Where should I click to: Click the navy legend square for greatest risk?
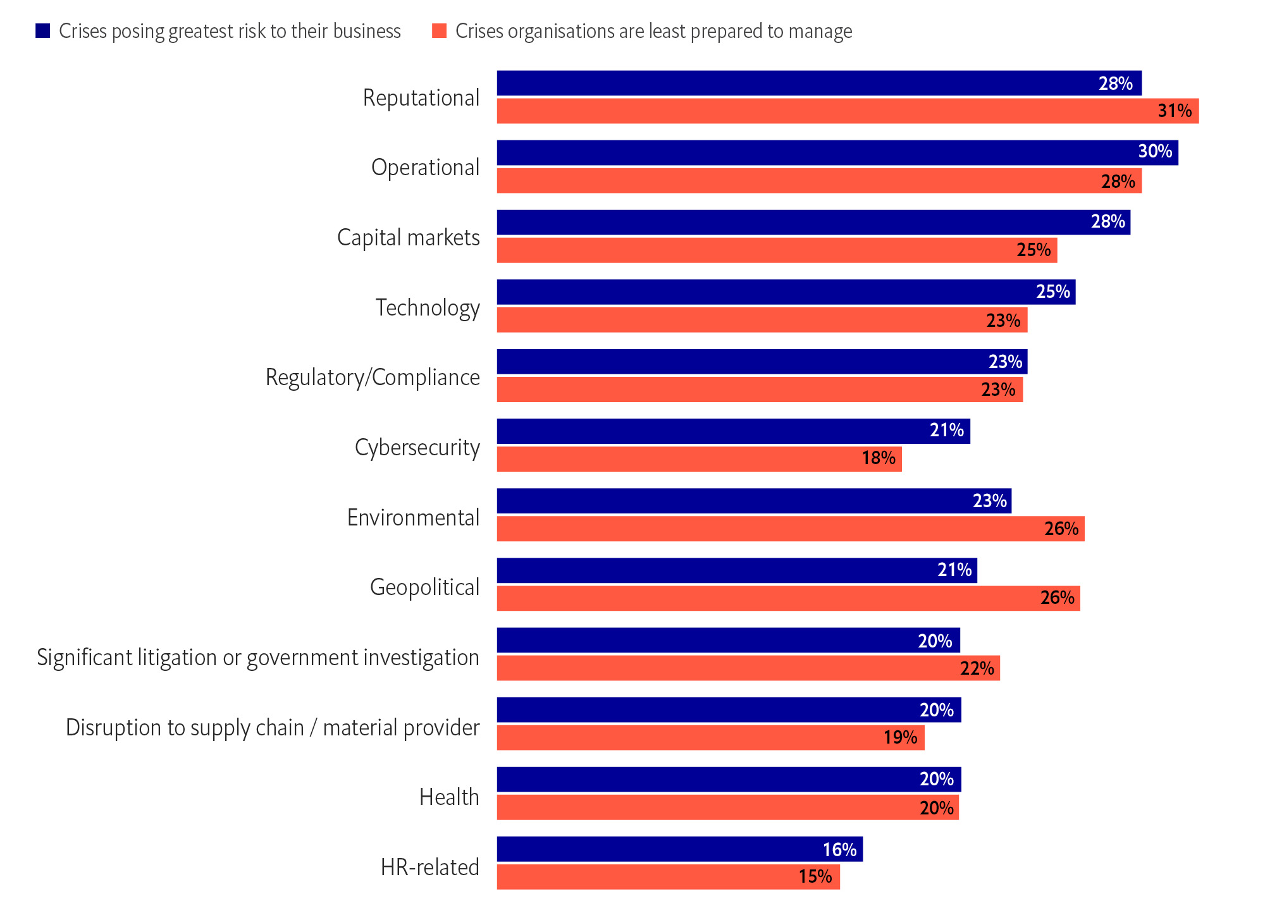(x=43, y=31)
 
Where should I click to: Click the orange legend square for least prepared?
(x=439, y=31)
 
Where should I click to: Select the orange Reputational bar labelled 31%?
(x=848, y=111)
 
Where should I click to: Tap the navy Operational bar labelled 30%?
(x=837, y=152)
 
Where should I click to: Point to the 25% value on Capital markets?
(x=1034, y=250)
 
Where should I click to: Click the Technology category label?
(x=428, y=308)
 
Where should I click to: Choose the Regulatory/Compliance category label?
(x=373, y=377)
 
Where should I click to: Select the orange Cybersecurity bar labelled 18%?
(x=699, y=459)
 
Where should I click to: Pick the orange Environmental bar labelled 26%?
(x=791, y=529)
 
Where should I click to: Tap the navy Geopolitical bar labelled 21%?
(x=737, y=570)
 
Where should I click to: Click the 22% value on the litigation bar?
(x=977, y=668)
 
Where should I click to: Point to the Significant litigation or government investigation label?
(x=258, y=658)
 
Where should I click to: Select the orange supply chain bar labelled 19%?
(x=710, y=738)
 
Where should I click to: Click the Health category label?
(x=449, y=797)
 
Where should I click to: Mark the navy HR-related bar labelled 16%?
(x=679, y=849)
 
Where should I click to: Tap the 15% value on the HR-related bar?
(x=815, y=877)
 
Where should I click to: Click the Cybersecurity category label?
(x=417, y=448)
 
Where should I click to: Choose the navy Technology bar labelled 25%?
(x=786, y=292)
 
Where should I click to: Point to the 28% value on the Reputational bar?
(x=1115, y=83)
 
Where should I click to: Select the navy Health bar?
(x=729, y=780)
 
